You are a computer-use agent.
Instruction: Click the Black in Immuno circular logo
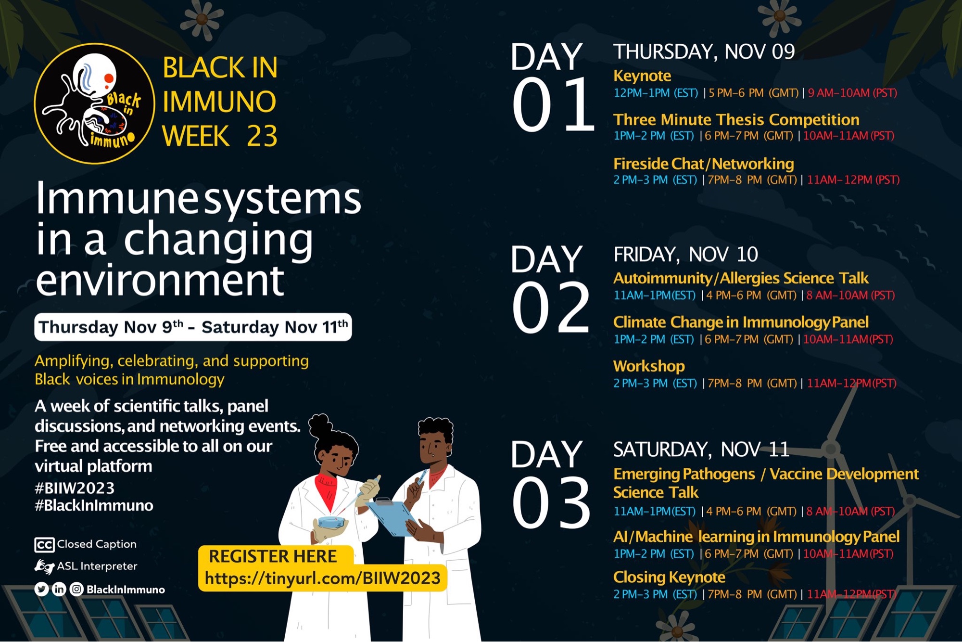click(x=95, y=103)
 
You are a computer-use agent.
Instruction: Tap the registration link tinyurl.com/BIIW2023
click(x=322, y=578)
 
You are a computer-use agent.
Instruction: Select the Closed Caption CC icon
click(x=44, y=545)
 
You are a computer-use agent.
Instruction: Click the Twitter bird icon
click(x=42, y=589)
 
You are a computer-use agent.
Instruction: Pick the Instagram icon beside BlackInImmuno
click(x=76, y=589)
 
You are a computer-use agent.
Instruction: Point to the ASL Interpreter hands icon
click(x=44, y=566)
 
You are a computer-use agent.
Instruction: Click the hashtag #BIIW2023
click(x=75, y=488)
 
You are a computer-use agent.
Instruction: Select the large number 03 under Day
click(x=551, y=503)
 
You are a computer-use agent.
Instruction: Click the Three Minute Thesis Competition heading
click(x=736, y=119)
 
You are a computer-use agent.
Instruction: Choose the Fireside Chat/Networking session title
click(x=703, y=164)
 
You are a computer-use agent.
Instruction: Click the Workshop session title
click(x=649, y=366)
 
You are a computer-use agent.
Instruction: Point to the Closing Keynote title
click(x=669, y=577)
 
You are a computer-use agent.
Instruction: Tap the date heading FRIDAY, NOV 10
click(x=685, y=254)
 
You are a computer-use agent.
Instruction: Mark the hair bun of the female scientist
click(x=319, y=425)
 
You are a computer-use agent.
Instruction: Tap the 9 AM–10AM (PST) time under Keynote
click(x=852, y=93)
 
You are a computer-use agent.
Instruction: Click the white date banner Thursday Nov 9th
click(x=193, y=327)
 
